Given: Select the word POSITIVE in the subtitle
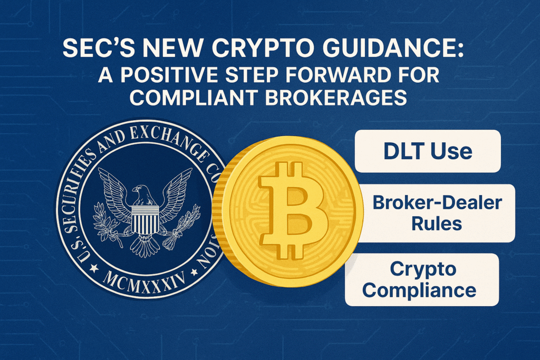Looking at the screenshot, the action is [x=169, y=75].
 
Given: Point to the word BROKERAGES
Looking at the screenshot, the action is [x=336, y=97].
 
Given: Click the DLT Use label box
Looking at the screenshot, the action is [x=427, y=151].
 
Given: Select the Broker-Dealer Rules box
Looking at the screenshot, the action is [x=437, y=213].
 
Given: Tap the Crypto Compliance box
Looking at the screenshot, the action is [x=422, y=280].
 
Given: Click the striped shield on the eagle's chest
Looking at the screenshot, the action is [x=145, y=219].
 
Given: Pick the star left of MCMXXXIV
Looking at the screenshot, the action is [x=94, y=268].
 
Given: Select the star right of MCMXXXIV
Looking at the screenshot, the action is [x=195, y=272].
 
